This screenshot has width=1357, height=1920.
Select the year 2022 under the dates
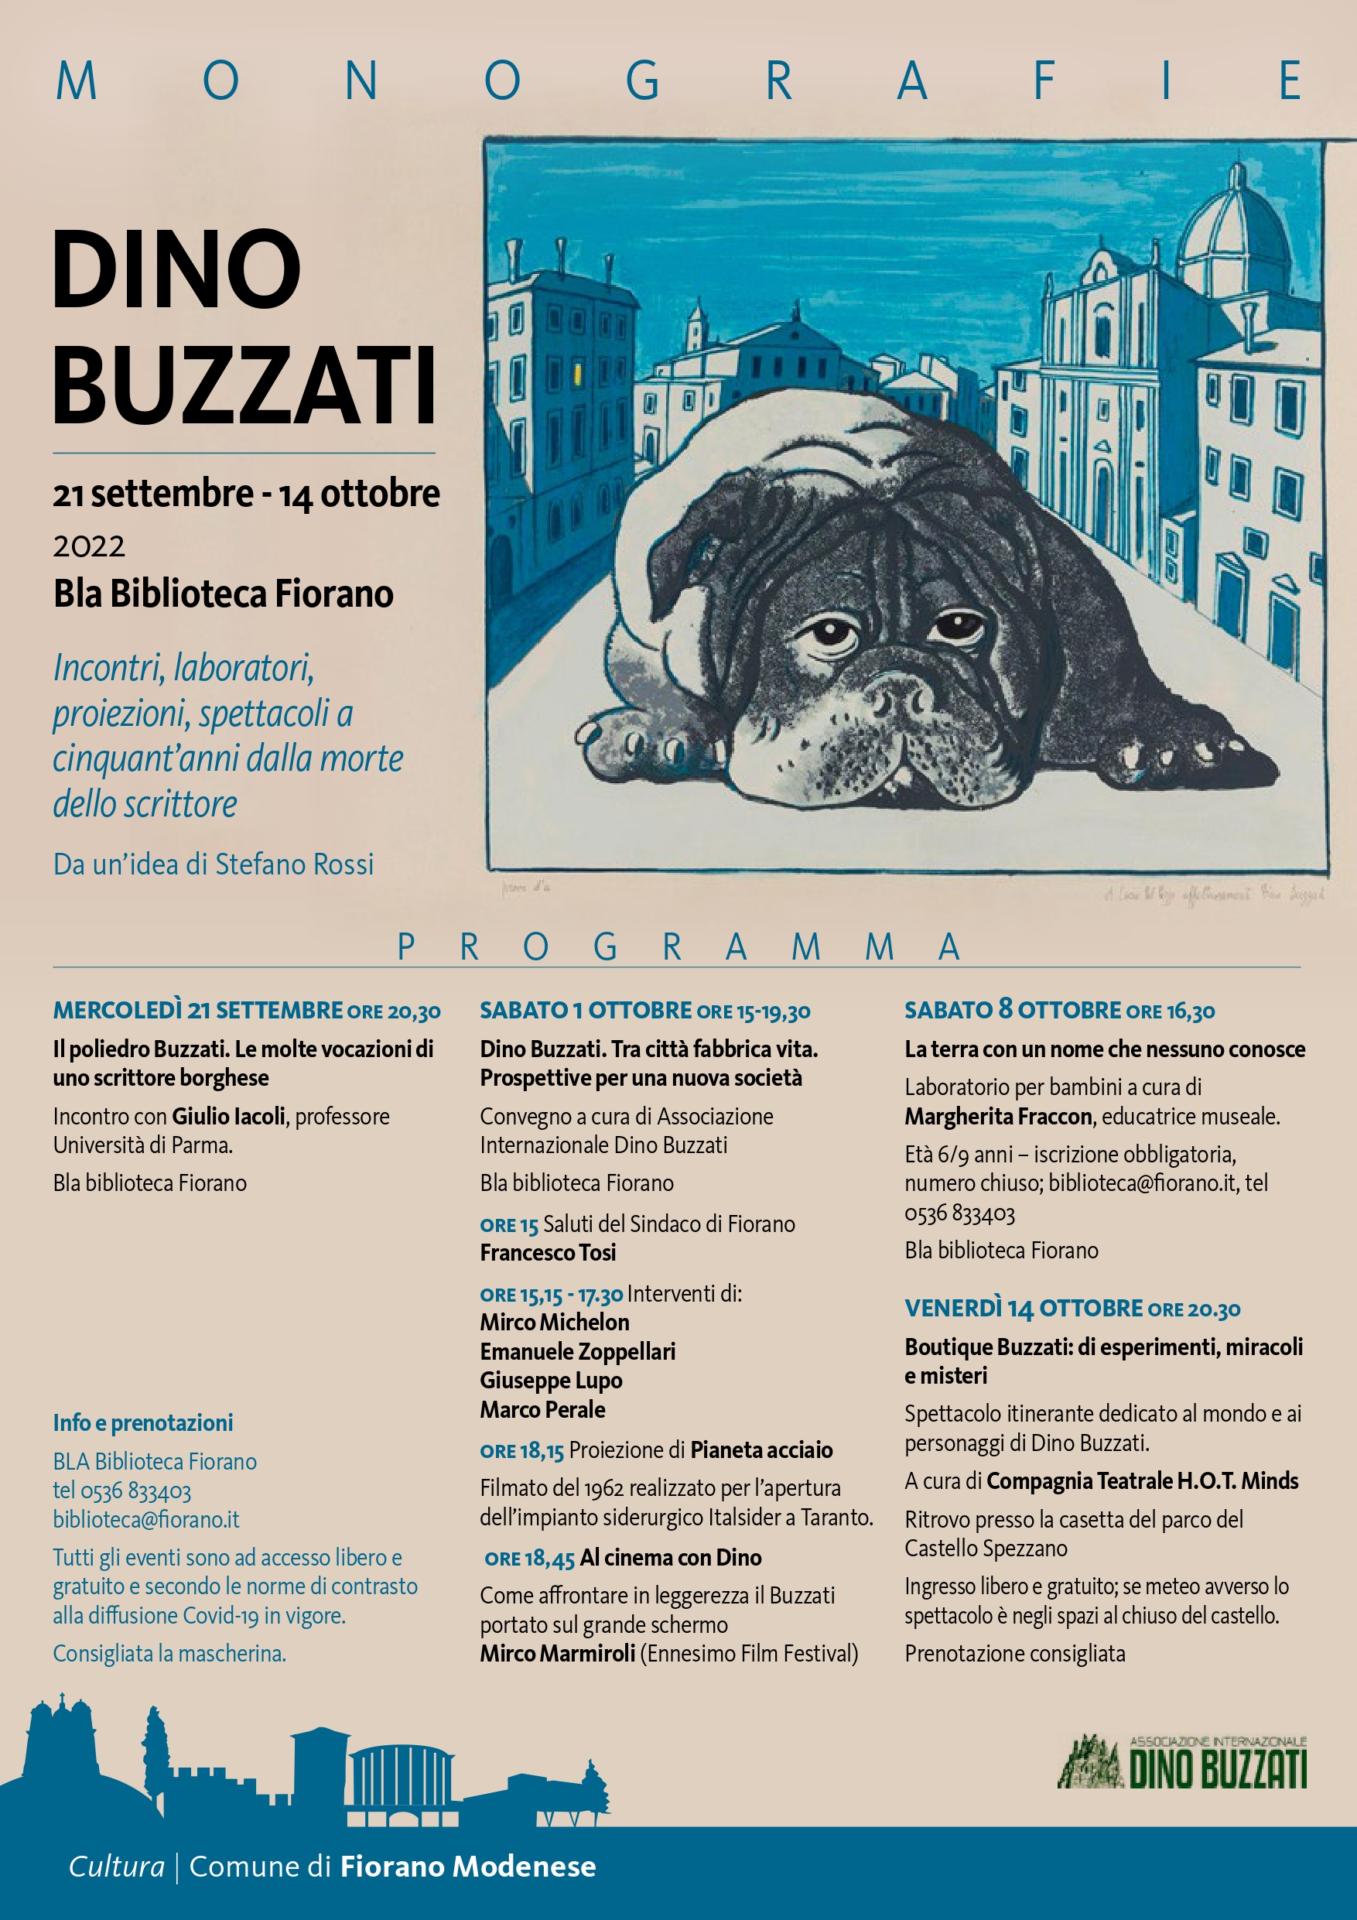coord(90,547)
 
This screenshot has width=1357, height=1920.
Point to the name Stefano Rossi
coord(294,864)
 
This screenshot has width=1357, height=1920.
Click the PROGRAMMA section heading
coord(678,947)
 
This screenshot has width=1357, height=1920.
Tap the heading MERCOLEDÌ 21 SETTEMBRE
coord(199,1010)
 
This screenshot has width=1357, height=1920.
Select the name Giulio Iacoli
coord(228,1117)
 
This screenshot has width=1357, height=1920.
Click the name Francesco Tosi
coord(548,1253)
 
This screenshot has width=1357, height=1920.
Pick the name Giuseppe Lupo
coord(551,1381)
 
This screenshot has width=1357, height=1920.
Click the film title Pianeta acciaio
coord(761,1450)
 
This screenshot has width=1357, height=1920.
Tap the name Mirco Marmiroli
coord(557,1653)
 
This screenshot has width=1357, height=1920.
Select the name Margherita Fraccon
coord(998,1117)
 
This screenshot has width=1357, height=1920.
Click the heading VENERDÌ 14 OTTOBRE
coord(1024,1309)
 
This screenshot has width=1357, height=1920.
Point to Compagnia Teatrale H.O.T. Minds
coord(1142,1481)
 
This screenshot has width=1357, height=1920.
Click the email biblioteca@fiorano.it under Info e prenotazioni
coord(146,1518)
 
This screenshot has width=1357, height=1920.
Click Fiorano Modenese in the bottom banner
coord(467,1867)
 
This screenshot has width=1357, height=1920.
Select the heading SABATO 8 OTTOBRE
coord(1013,1010)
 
